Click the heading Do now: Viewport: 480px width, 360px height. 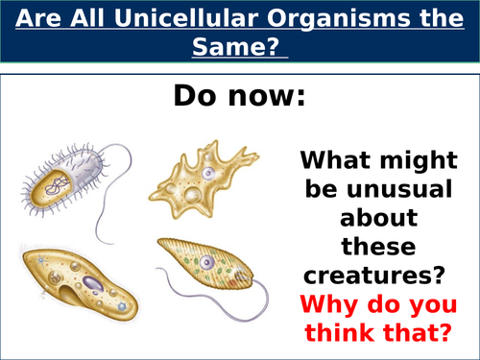coord(239,97)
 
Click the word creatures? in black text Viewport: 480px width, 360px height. coord(372,277)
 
